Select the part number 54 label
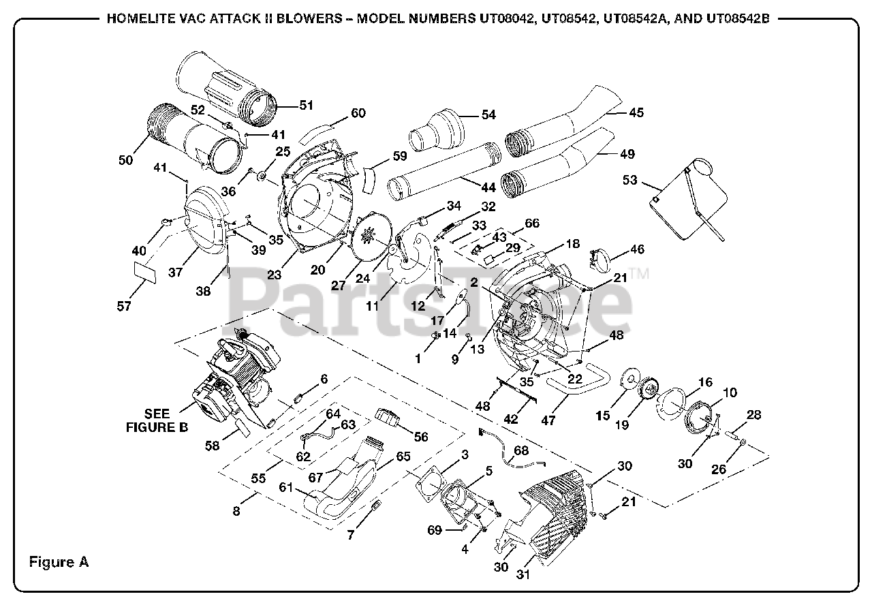pos(488,114)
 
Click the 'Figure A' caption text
pos(59,562)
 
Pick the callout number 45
pos(636,112)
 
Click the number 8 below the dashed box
pos(236,511)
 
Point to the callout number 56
pos(421,437)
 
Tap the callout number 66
pos(531,223)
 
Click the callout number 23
pos(274,275)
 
